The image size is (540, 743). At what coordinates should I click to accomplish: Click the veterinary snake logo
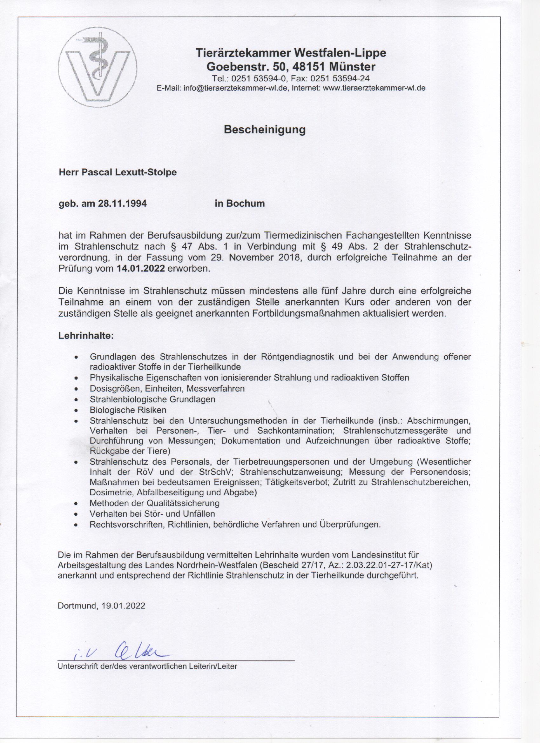point(98,71)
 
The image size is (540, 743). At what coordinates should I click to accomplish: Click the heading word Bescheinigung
point(264,130)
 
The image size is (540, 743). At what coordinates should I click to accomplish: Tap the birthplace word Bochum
point(245,204)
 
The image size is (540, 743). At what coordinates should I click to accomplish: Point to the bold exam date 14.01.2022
point(141,269)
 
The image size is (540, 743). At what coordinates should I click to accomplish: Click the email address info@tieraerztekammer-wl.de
point(235,88)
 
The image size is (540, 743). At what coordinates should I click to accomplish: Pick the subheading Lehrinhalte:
point(86,336)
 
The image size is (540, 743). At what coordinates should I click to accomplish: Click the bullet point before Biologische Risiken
point(76,410)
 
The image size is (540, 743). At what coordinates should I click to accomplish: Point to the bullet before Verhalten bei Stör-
point(76,514)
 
